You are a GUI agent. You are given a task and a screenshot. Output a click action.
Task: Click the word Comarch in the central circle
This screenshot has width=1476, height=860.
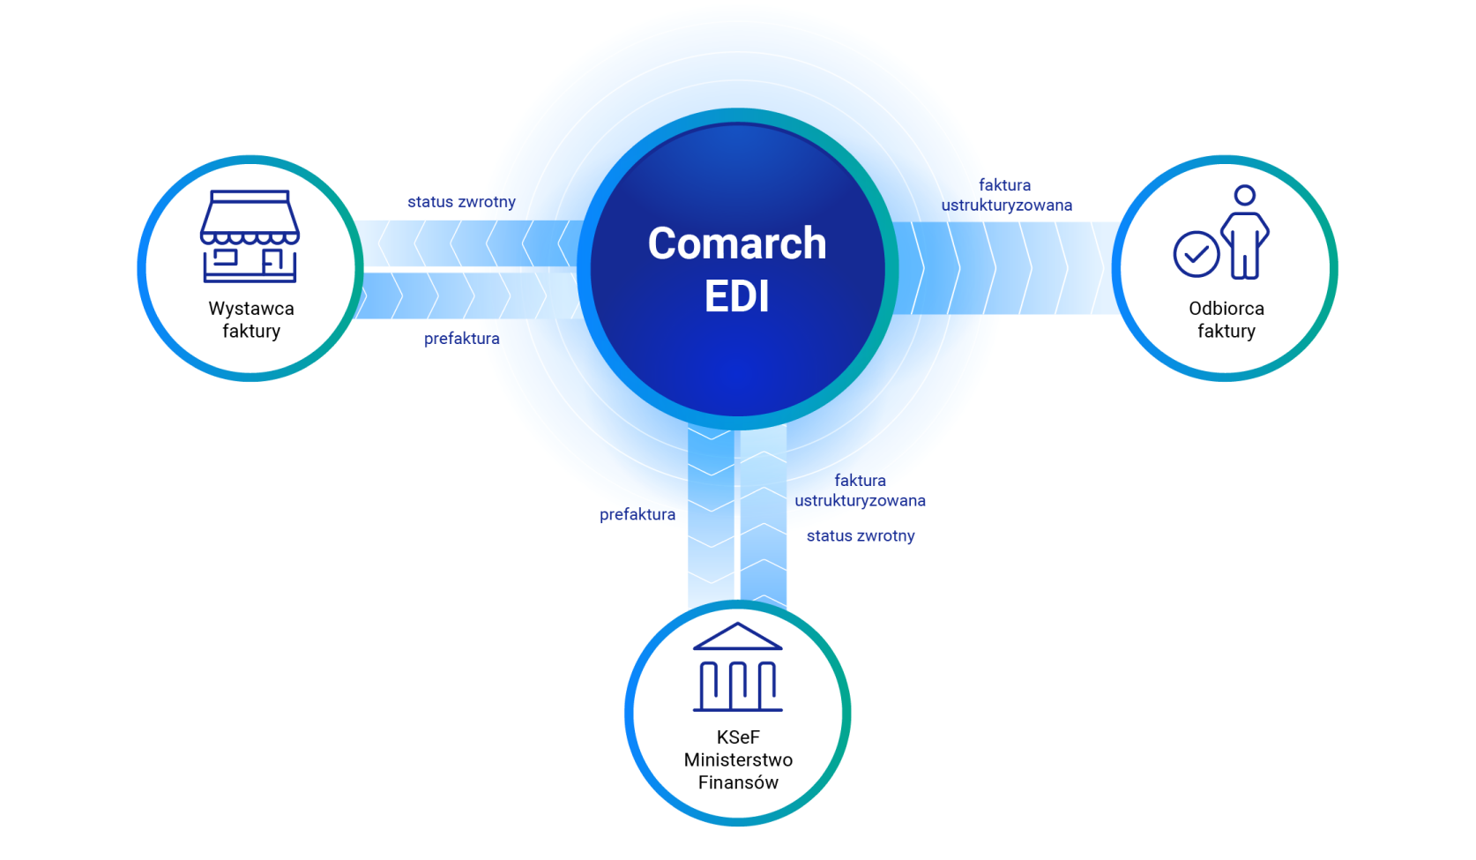click(737, 243)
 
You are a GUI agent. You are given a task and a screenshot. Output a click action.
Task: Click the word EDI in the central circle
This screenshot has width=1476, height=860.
click(737, 296)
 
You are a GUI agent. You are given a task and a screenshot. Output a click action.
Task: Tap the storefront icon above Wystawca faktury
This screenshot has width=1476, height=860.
click(250, 236)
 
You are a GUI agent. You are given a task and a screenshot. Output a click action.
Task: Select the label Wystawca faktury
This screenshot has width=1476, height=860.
click(251, 319)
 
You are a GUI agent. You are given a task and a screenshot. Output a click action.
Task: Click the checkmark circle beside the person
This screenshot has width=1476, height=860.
click(1196, 255)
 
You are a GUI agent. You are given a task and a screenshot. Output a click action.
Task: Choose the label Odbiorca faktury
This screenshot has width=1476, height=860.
click(1226, 319)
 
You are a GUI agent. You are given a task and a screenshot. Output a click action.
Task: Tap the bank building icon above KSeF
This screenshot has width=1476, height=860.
click(738, 668)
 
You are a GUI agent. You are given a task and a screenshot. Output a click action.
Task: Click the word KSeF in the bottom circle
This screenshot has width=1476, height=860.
click(738, 737)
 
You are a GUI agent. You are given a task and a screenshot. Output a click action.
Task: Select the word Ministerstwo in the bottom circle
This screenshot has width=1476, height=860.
click(738, 759)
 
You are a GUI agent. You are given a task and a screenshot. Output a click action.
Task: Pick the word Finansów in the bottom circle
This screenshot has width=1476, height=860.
click(738, 782)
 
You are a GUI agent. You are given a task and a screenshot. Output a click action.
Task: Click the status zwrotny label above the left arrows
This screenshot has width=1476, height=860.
click(461, 202)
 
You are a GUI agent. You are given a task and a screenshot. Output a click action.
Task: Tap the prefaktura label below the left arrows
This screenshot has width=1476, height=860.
click(461, 339)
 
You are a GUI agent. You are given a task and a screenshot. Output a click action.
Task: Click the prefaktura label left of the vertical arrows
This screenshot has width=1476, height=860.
click(637, 514)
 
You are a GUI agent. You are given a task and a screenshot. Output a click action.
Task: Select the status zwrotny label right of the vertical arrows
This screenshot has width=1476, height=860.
click(861, 535)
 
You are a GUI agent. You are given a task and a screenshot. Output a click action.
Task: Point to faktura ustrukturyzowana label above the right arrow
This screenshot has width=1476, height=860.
click(1006, 195)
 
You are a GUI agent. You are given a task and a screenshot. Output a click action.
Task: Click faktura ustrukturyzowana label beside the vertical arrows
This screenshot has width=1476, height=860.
click(860, 490)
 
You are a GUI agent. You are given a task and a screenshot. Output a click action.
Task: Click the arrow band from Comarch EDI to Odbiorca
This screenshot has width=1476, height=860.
click(1005, 268)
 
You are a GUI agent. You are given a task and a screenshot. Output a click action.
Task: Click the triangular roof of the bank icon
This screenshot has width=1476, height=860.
click(738, 637)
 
